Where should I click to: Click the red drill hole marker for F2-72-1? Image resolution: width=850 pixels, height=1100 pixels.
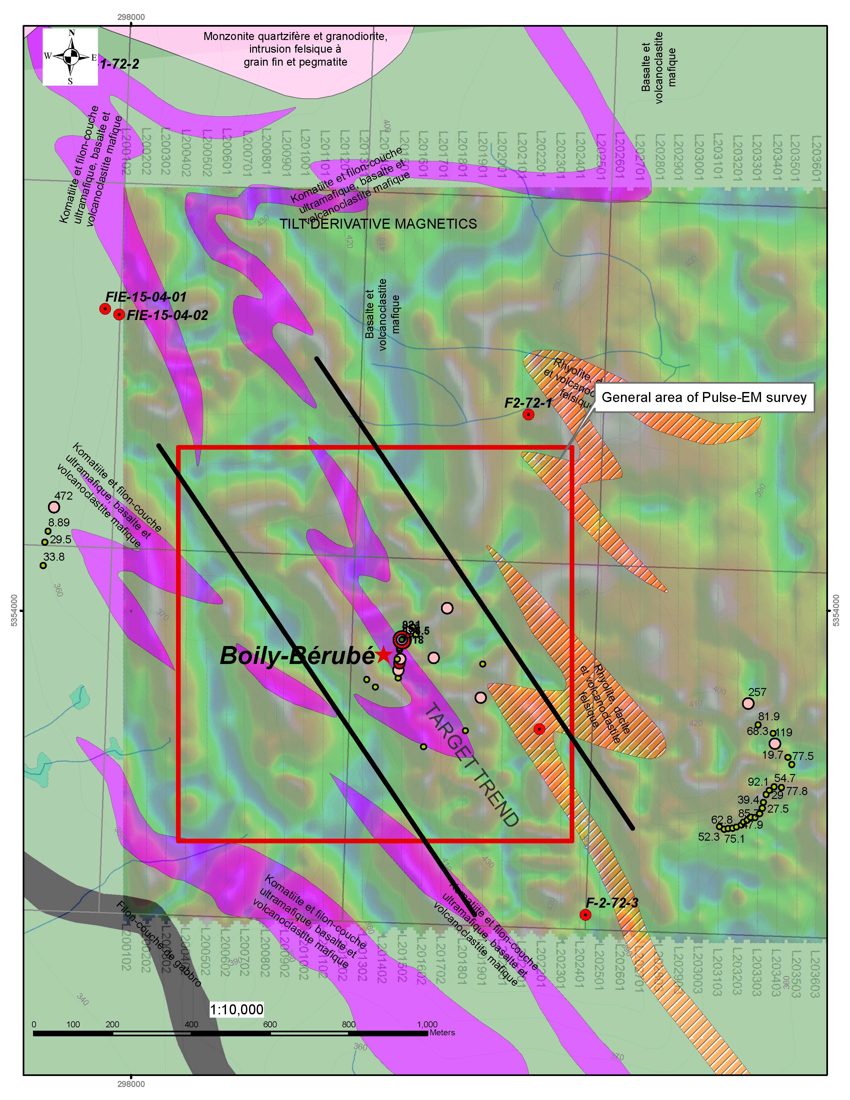[x=528, y=415]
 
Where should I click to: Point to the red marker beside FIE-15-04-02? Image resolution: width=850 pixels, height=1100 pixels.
[x=119, y=315]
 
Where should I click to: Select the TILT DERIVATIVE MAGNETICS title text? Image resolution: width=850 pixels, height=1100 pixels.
[x=378, y=224]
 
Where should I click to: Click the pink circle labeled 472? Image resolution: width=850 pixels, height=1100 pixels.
[x=54, y=507]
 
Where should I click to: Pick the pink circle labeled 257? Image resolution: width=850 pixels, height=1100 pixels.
[x=748, y=703]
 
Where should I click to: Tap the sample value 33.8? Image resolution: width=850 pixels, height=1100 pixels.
[x=54, y=557]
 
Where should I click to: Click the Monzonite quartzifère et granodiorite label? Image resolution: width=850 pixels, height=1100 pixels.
[x=296, y=49]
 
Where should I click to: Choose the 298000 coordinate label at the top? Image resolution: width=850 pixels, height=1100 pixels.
[x=131, y=17]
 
